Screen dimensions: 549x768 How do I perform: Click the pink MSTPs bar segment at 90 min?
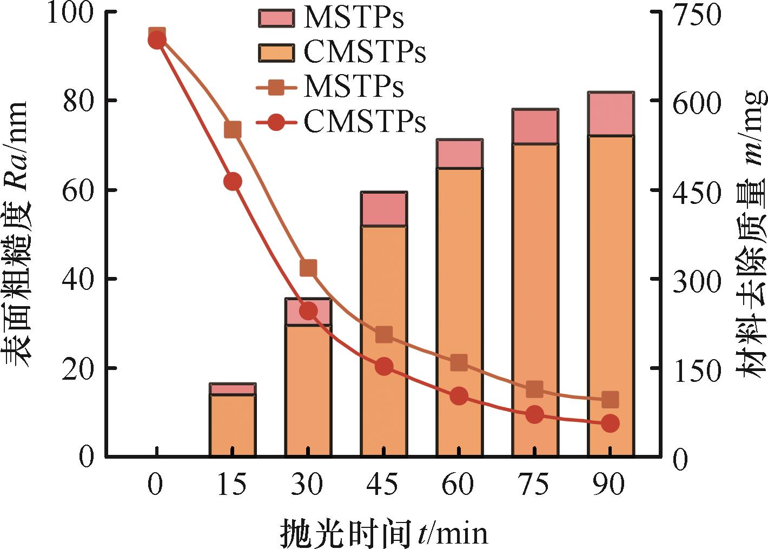611,114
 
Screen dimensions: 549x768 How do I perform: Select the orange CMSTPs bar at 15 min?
232,426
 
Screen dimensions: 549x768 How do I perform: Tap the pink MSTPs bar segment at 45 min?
383,209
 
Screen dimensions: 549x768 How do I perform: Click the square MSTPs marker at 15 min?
232,129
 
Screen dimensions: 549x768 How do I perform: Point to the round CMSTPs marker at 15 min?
232,182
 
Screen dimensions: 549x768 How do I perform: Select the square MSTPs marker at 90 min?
610,400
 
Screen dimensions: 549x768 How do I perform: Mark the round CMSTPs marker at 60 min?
459,396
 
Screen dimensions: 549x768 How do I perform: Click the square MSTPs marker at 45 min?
383,335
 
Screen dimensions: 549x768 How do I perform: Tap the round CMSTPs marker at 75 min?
534,415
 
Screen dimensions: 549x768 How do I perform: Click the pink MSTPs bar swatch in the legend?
276,19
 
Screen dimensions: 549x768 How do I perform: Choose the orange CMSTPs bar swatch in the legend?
276,52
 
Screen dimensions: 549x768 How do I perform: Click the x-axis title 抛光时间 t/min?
383,533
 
